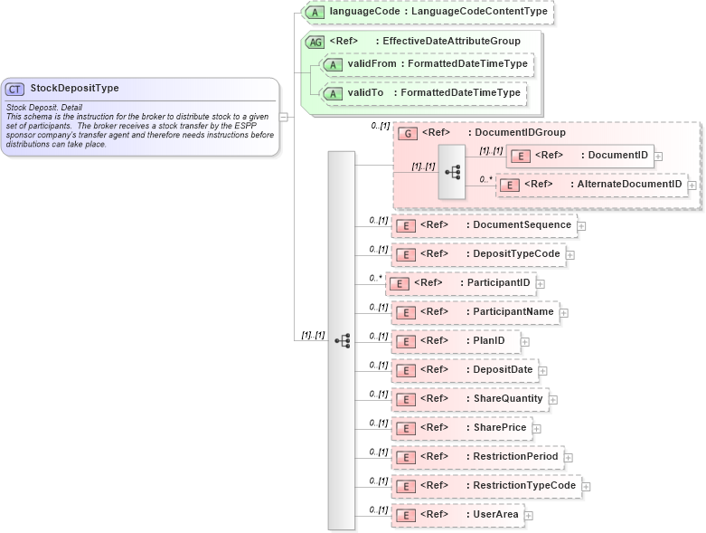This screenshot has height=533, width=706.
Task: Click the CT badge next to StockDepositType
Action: pyautogui.click(x=15, y=89)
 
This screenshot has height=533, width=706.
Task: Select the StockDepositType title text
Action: pyautogui.click(x=74, y=89)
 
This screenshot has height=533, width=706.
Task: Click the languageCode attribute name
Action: pyautogui.click(x=362, y=12)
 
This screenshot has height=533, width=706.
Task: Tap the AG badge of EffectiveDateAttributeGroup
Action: pyautogui.click(x=315, y=42)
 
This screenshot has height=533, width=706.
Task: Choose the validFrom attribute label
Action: pyautogui.click(x=372, y=65)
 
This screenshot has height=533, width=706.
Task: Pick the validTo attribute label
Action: pyautogui.click(x=366, y=92)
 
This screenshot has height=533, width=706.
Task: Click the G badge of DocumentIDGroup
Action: pyautogui.click(x=409, y=133)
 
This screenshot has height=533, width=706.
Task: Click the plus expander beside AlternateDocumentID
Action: pyautogui.click(x=692, y=185)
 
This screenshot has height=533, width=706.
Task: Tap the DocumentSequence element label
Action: pyautogui.click(x=522, y=224)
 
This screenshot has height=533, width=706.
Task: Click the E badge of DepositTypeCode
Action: pyautogui.click(x=407, y=254)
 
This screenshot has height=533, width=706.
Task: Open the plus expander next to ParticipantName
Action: pyautogui.click(x=563, y=312)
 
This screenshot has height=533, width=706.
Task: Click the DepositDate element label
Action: pyautogui.click(x=504, y=369)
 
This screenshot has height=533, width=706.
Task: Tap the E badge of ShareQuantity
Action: pyautogui.click(x=407, y=399)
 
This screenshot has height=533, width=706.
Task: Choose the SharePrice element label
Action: pyautogui.click(x=500, y=427)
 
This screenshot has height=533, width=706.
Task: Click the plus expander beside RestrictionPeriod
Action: pyautogui.click(x=569, y=457)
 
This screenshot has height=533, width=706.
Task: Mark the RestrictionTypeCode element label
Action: pyautogui.click(x=524, y=486)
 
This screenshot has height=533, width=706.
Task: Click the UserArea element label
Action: pyautogui.click(x=495, y=515)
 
